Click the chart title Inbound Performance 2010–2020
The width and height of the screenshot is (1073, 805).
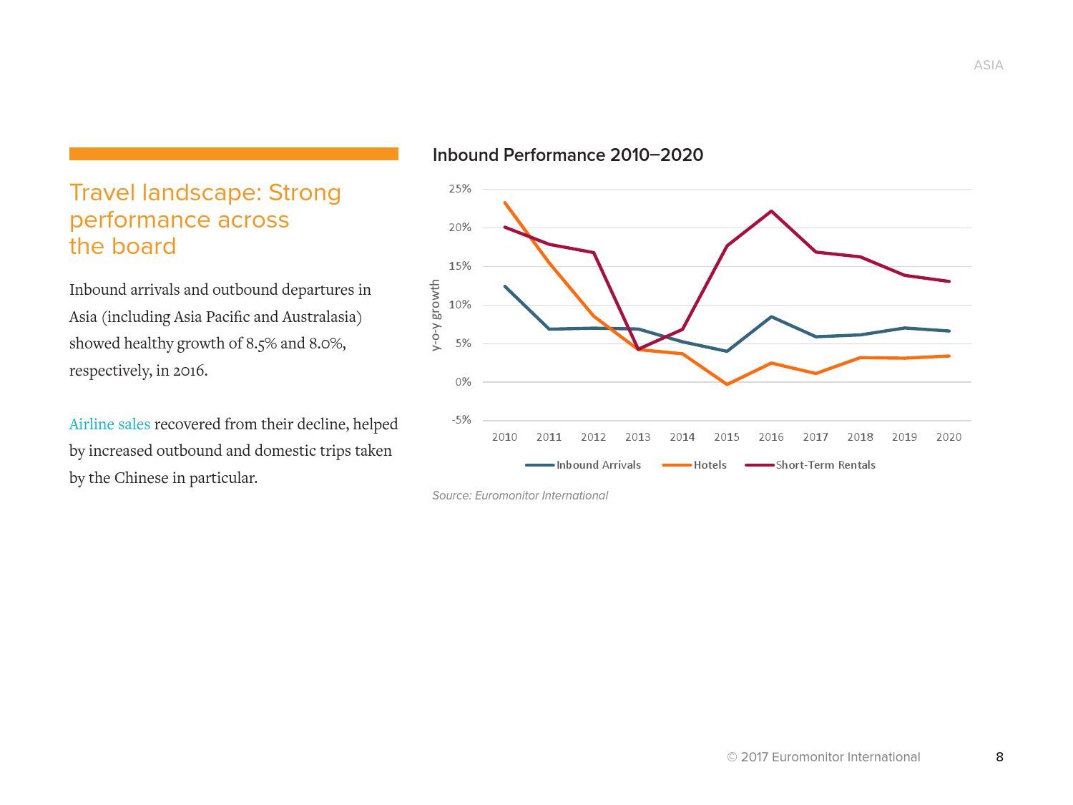(567, 155)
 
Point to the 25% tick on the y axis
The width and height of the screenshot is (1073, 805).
(460, 189)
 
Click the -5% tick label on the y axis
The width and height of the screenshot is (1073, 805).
(461, 420)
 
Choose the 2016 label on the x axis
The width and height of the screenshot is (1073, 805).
(770, 437)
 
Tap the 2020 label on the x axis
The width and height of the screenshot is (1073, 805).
(949, 437)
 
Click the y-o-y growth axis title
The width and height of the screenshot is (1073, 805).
(435, 316)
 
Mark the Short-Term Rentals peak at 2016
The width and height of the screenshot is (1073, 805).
(771, 211)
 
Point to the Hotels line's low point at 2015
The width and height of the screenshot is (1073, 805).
(727, 384)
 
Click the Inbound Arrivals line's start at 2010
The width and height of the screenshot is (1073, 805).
(505, 286)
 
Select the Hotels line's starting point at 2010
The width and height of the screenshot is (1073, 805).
(505, 203)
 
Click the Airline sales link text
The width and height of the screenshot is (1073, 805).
(109, 424)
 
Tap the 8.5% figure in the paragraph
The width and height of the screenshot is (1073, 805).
(261, 343)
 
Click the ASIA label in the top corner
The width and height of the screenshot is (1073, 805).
(988, 65)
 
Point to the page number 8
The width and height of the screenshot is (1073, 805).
(999, 757)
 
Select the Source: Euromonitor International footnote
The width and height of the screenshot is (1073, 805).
(520, 496)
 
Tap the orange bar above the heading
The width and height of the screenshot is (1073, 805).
(233, 154)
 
